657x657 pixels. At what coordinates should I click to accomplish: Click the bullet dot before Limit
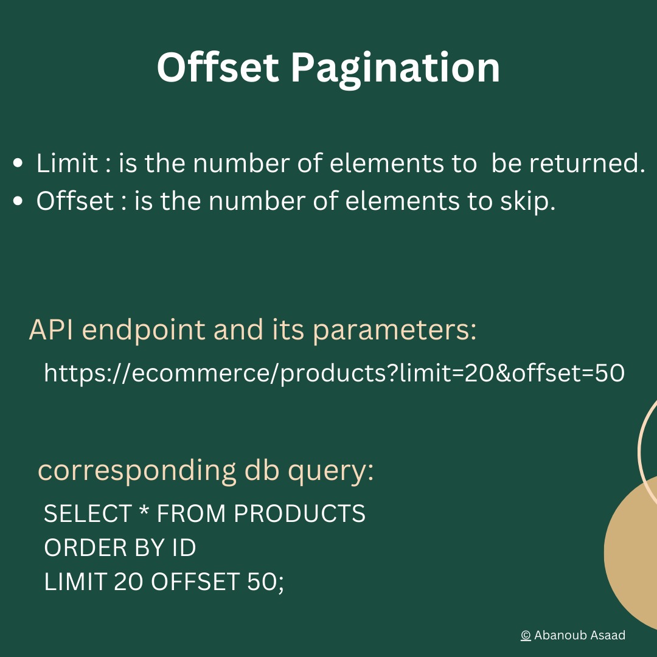[x=18, y=164]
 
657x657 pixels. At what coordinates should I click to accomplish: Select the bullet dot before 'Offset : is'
[x=18, y=201]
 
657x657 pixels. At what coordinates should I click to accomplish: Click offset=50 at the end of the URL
[x=568, y=374]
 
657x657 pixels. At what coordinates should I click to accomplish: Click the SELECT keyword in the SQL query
[x=88, y=514]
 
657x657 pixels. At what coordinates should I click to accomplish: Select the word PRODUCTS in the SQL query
[x=300, y=514]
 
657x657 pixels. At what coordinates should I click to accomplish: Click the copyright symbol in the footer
[x=526, y=636]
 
